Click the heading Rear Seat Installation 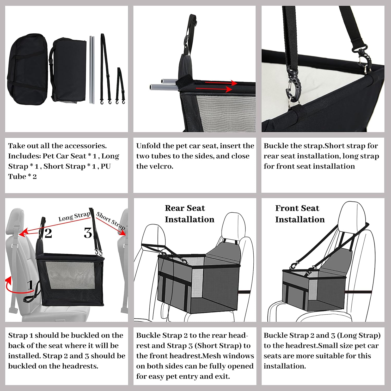point(190,214)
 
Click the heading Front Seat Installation point(300,214)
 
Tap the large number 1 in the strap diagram point(30,285)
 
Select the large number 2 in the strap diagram point(48,233)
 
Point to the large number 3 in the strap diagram point(88,233)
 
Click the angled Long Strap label point(74,216)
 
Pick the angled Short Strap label point(111,221)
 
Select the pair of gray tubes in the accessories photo point(91,70)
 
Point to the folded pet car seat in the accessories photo point(68,70)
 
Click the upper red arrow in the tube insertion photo point(221,83)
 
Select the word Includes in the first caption point(24,156)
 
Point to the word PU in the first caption point(106,166)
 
